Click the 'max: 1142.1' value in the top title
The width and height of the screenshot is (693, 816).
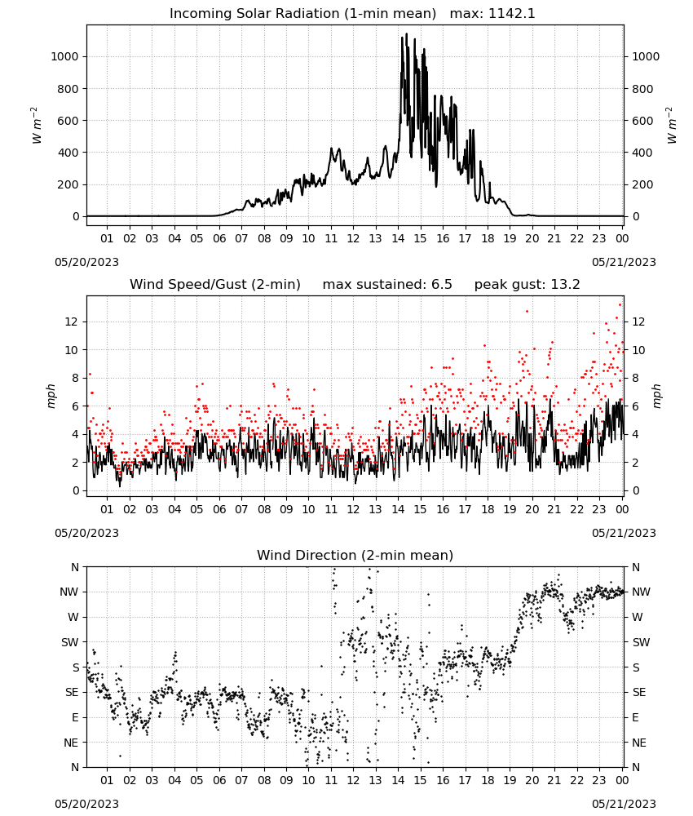click(492, 14)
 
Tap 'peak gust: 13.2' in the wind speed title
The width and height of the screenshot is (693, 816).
click(527, 285)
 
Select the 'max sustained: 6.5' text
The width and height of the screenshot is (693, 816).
click(387, 285)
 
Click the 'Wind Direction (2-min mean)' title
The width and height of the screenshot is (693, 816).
click(355, 555)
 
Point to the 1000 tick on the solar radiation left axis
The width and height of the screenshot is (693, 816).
click(64, 57)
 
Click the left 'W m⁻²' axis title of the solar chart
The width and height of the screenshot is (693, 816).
click(36, 126)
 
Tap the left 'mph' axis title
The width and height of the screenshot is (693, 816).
click(51, 396)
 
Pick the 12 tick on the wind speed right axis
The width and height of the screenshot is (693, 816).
click(638, 322)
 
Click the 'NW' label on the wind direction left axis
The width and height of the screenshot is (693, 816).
click(69, 592)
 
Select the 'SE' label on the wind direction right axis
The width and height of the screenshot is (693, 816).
click(639, 692)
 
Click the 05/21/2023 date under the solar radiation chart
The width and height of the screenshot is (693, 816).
click(624, 262)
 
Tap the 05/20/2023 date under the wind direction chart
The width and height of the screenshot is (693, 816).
click(86, 804)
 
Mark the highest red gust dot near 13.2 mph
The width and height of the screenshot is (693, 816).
click(620, 305)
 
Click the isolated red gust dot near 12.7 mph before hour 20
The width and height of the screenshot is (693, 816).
click(527, 311)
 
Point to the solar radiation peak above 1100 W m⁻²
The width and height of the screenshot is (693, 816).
click(406, 34)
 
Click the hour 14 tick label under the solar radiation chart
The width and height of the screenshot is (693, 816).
click(398, 238)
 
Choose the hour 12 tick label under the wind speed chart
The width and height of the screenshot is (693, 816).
click(353, 509)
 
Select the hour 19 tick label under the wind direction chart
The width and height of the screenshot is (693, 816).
click(510, 780)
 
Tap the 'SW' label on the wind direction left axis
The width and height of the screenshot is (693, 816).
click(69, 642)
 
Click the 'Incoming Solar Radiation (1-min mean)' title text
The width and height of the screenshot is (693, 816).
click(302, 14)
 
